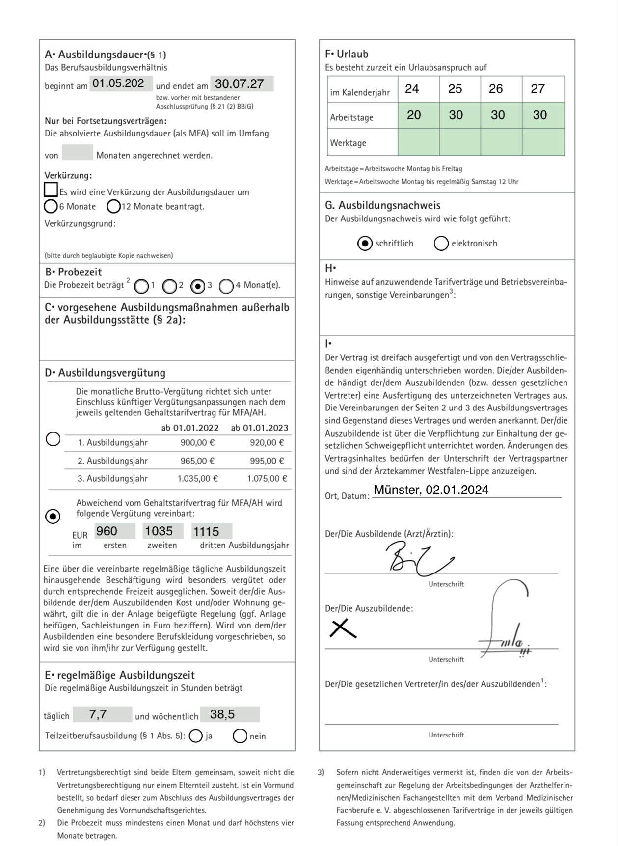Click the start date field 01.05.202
coord(121,83)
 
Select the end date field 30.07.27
coord(242,84)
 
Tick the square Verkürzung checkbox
coord(51,190)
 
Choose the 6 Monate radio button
coord(51,206)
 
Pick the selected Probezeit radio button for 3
coord(198,286)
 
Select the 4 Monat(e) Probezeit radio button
coord(226,286)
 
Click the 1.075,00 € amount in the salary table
coord(267,478)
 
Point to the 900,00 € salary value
coord(197,442)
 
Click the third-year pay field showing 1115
coord(212,531)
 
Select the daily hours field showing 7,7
coord(102,714)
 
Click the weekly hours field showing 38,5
coord(230,714)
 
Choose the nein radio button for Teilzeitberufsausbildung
coord(240,736)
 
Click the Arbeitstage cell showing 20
coord(414,115)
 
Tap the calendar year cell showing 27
coord(538,89)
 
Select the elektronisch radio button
coord(441,244)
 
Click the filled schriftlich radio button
coord(365,244)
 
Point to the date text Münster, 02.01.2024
coord(431,490)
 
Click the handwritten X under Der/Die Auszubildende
coord(343,628)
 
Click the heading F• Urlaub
coord(347,54)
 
